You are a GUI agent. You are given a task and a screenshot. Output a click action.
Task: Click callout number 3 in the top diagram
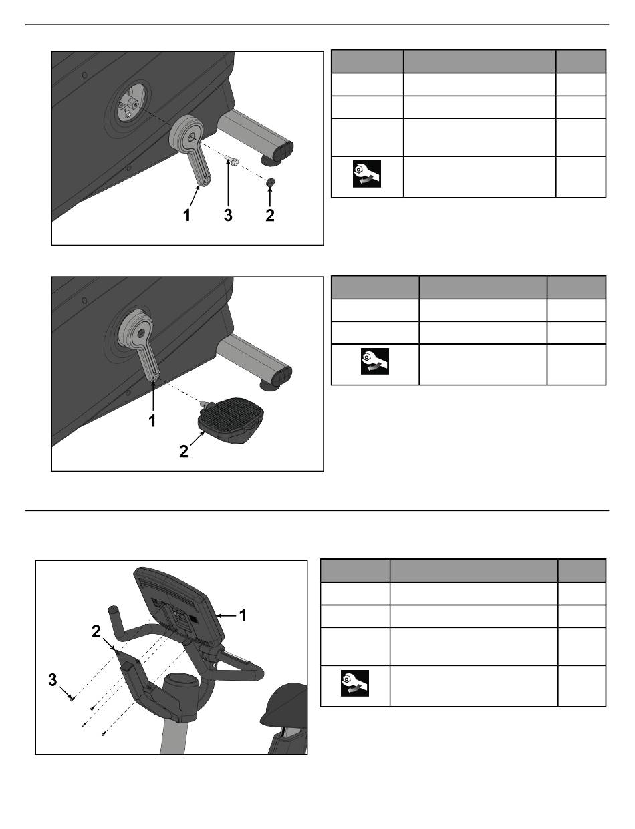[228, 216]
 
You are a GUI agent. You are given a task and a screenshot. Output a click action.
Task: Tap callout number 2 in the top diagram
[270, 216]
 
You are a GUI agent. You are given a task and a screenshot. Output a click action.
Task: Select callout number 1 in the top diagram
[186, 216]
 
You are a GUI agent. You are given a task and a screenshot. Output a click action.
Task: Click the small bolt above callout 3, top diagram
[232, 160]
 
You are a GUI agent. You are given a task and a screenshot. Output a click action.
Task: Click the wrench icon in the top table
[367, 174]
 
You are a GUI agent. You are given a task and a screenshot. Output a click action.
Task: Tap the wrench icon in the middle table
[375, 361]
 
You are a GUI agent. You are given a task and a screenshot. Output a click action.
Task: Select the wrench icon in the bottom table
[354, 683]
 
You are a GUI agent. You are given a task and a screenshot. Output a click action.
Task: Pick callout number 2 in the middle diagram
[184, 452]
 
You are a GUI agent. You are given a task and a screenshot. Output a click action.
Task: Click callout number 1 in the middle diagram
[152, 421]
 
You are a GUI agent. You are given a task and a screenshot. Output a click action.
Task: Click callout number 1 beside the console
[243, 615]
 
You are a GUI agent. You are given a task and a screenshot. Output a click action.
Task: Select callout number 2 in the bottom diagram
[96, 632]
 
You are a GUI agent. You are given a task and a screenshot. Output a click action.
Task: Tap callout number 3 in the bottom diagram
[53, 679]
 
